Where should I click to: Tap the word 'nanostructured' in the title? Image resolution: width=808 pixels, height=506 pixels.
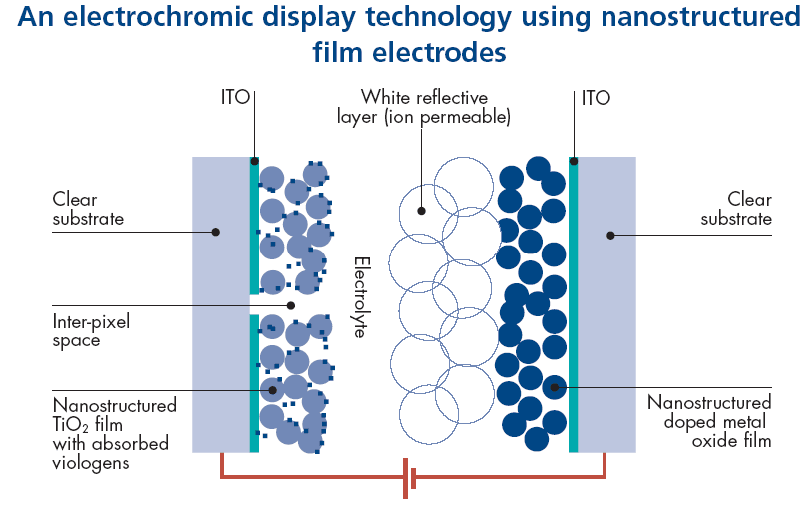pos(677,18)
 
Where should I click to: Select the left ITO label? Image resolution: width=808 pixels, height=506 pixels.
pos(235,98)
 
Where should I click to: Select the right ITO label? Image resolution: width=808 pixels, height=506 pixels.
pos(595,98)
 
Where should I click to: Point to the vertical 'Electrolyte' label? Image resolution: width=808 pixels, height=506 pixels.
pos(360,296)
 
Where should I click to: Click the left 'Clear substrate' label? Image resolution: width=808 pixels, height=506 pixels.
pos(89,209)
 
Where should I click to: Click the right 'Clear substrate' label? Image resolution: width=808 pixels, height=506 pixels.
pos(736,209)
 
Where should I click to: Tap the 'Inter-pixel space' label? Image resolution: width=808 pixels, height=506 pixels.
pos(91,331)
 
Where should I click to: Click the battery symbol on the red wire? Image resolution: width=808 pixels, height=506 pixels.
pos(409,478)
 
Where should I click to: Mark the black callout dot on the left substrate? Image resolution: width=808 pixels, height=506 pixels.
pos(215,232)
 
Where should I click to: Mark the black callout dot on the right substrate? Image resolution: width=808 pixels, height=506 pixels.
pos(610,236)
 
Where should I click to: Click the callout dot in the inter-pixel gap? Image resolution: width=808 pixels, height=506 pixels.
pos(291,305)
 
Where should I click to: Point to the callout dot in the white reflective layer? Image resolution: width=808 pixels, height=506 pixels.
pos(422,211)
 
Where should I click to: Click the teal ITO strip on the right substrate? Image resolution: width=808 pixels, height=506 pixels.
pos(573,304)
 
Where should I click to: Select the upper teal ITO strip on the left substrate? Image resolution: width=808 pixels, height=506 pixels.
pos(255,228)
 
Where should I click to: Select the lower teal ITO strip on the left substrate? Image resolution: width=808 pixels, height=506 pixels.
pos(255,383)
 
